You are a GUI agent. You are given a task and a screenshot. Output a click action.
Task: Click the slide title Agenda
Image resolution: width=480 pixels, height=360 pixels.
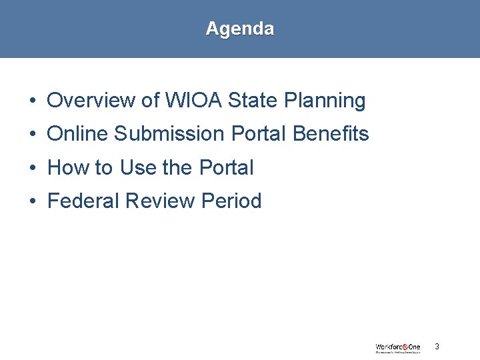(x=239, y=29)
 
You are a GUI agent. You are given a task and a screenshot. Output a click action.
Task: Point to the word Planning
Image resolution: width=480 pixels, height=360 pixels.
(x=325, y=101)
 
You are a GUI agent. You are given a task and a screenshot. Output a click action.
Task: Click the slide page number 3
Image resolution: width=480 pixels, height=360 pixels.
(x=437, y=346)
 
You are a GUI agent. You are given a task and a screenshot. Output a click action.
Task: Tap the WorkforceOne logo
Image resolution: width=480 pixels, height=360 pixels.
(x=397, y=347)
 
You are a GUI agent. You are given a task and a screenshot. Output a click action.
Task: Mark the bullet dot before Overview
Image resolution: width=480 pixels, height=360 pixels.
(x=32, y=101)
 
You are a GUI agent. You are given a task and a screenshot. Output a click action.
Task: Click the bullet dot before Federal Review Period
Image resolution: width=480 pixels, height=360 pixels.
(x=32, y=201)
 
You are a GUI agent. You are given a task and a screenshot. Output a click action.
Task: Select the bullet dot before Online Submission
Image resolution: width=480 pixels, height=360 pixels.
(x=32, y=135)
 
